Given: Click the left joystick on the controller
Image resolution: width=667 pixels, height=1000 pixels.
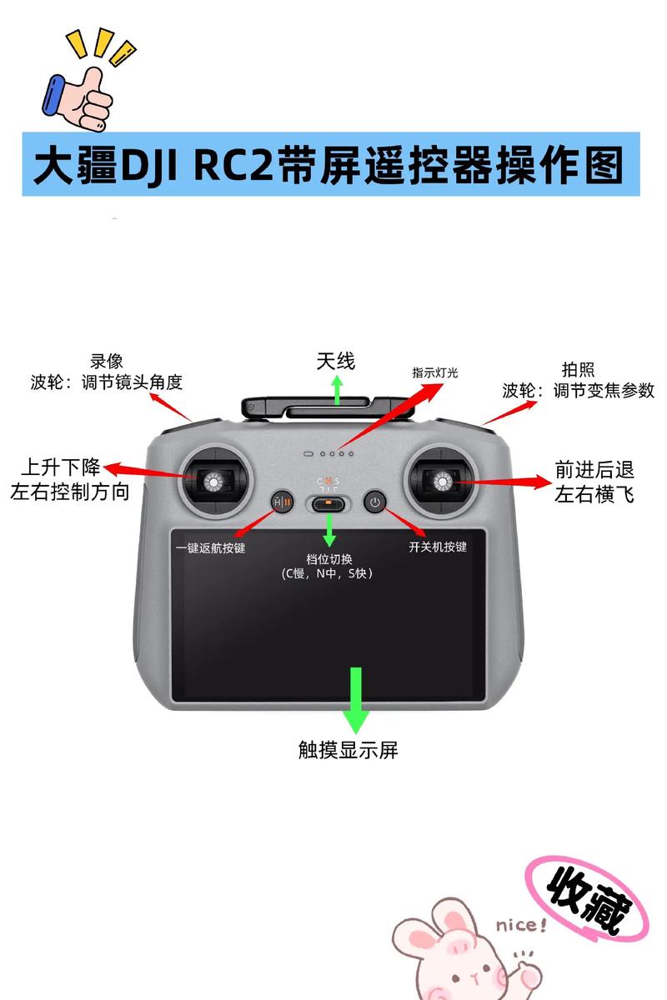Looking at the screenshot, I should pos(214,481).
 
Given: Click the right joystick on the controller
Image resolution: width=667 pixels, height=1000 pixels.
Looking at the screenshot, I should pos(439,480).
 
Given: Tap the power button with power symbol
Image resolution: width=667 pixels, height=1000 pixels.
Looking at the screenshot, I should pos(375,502).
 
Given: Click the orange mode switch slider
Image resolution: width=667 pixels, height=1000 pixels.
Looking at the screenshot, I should pos(328,503).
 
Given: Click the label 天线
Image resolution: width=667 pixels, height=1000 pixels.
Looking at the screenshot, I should pos(335,361).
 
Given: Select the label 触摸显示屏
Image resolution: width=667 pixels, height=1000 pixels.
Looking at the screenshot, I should pos(349,749).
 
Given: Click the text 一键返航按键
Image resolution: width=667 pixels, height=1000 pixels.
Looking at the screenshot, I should pos(210,547).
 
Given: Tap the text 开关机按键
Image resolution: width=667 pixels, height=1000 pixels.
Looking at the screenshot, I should pos(438,547).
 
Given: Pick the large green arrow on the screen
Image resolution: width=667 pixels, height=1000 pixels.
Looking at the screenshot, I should pos(357,698).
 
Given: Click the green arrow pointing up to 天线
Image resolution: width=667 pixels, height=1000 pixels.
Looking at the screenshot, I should pos(337,389).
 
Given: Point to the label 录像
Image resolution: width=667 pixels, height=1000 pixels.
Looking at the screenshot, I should pos(107,361).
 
